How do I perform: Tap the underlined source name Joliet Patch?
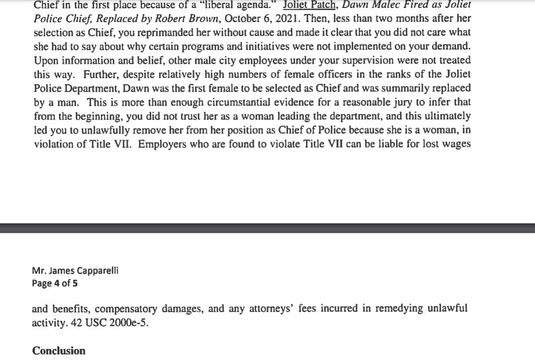point(308,6)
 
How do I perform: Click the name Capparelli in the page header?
point(96,271)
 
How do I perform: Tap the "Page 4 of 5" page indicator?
point(55,283)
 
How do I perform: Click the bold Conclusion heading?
point(59,351)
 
